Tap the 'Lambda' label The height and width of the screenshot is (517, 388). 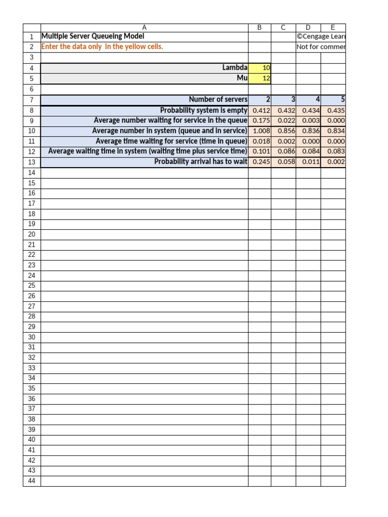235,68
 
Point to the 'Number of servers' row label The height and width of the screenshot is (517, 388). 218,99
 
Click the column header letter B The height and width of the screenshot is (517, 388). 260,28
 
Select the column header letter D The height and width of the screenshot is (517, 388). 308,28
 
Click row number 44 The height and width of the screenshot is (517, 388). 32,481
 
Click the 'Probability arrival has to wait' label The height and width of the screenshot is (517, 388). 201,162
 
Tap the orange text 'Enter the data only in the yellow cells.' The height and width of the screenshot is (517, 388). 102,46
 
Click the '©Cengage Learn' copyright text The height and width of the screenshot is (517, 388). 321,36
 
